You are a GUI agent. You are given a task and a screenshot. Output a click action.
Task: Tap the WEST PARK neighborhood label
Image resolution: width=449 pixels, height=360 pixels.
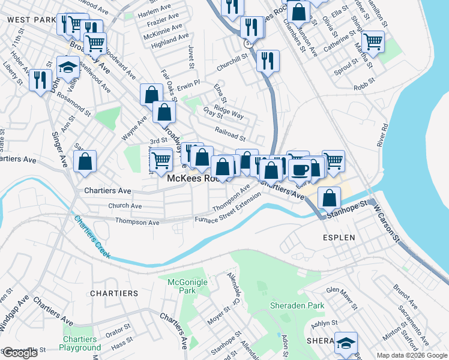[27, 20]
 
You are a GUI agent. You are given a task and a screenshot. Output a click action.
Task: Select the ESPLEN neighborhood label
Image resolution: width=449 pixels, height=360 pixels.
[339, 238]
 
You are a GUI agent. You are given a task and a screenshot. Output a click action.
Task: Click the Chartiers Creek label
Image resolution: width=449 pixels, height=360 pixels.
[92, 237]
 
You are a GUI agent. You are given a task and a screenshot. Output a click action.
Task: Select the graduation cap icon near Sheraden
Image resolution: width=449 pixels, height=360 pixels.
[346, 342]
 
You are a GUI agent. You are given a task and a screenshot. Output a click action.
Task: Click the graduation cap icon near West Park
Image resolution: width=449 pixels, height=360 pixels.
[68, 67]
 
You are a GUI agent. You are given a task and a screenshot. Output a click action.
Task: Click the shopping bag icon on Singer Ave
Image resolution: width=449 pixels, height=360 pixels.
[85, 161]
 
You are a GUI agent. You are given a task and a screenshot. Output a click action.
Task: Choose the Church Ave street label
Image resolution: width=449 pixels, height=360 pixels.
[124, 206]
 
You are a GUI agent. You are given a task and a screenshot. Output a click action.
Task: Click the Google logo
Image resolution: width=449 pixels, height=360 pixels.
[20, 353]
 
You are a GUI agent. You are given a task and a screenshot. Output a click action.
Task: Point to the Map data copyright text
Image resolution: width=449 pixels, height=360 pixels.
[411, 355]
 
